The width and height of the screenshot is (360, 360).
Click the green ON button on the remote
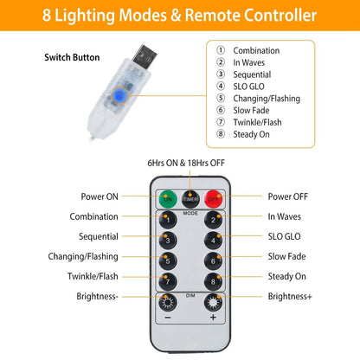[x=168, y=199]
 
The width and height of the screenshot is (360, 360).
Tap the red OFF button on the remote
[x=213, y=199]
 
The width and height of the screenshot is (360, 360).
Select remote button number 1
[x=168, y=220]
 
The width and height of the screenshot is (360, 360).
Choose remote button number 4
[x=213, y=241]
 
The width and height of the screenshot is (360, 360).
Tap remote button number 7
[x=168, y=281]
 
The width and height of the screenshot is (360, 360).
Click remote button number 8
[x=213, y=281]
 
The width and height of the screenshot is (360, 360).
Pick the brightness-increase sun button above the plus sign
[x=213, y=303]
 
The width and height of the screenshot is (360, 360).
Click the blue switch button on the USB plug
[x=119, y=95]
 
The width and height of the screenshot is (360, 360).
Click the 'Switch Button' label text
[x=72, y=57]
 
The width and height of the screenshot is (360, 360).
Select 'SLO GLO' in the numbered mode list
[x=248, y=87]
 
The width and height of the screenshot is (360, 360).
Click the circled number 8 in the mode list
[x=221, y=134]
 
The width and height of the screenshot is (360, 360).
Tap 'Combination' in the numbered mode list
[x=256, y=50]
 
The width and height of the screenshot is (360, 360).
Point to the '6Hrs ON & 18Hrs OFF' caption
[x=186, y=163]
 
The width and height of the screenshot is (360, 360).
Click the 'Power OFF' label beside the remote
[x=288, y=196]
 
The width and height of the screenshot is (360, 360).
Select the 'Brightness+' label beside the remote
[x=290, y=296]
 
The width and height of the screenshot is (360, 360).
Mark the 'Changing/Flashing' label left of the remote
[x=83, y=256]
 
